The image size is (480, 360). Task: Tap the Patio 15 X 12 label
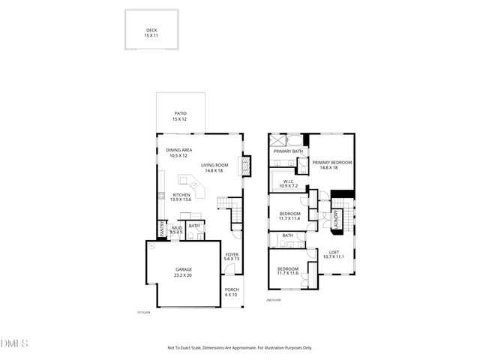(x=180, y=116)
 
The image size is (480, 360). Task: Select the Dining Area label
(x=178, y=152)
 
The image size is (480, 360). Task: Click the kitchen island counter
(x=191, y=183)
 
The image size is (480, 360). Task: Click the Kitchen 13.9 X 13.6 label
(x=181, y=197)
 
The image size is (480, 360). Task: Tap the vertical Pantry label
(x=161, y=228)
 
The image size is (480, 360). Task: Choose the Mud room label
(x=176, y=229)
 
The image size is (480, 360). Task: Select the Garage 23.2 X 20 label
(x=184, y=272)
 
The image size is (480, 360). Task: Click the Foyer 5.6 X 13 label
(x=232, y=256)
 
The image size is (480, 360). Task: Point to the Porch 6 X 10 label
(x=232, y=292)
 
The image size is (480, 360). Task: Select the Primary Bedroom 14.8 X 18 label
(x=331, y=165)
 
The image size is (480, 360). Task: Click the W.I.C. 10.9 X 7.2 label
(x=289, y=183)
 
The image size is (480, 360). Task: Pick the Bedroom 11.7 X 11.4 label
(x=289, y=216)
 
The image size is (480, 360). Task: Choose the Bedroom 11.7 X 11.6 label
(x=288, y=271)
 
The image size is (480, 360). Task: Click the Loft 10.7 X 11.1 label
(x=334, y=255)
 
